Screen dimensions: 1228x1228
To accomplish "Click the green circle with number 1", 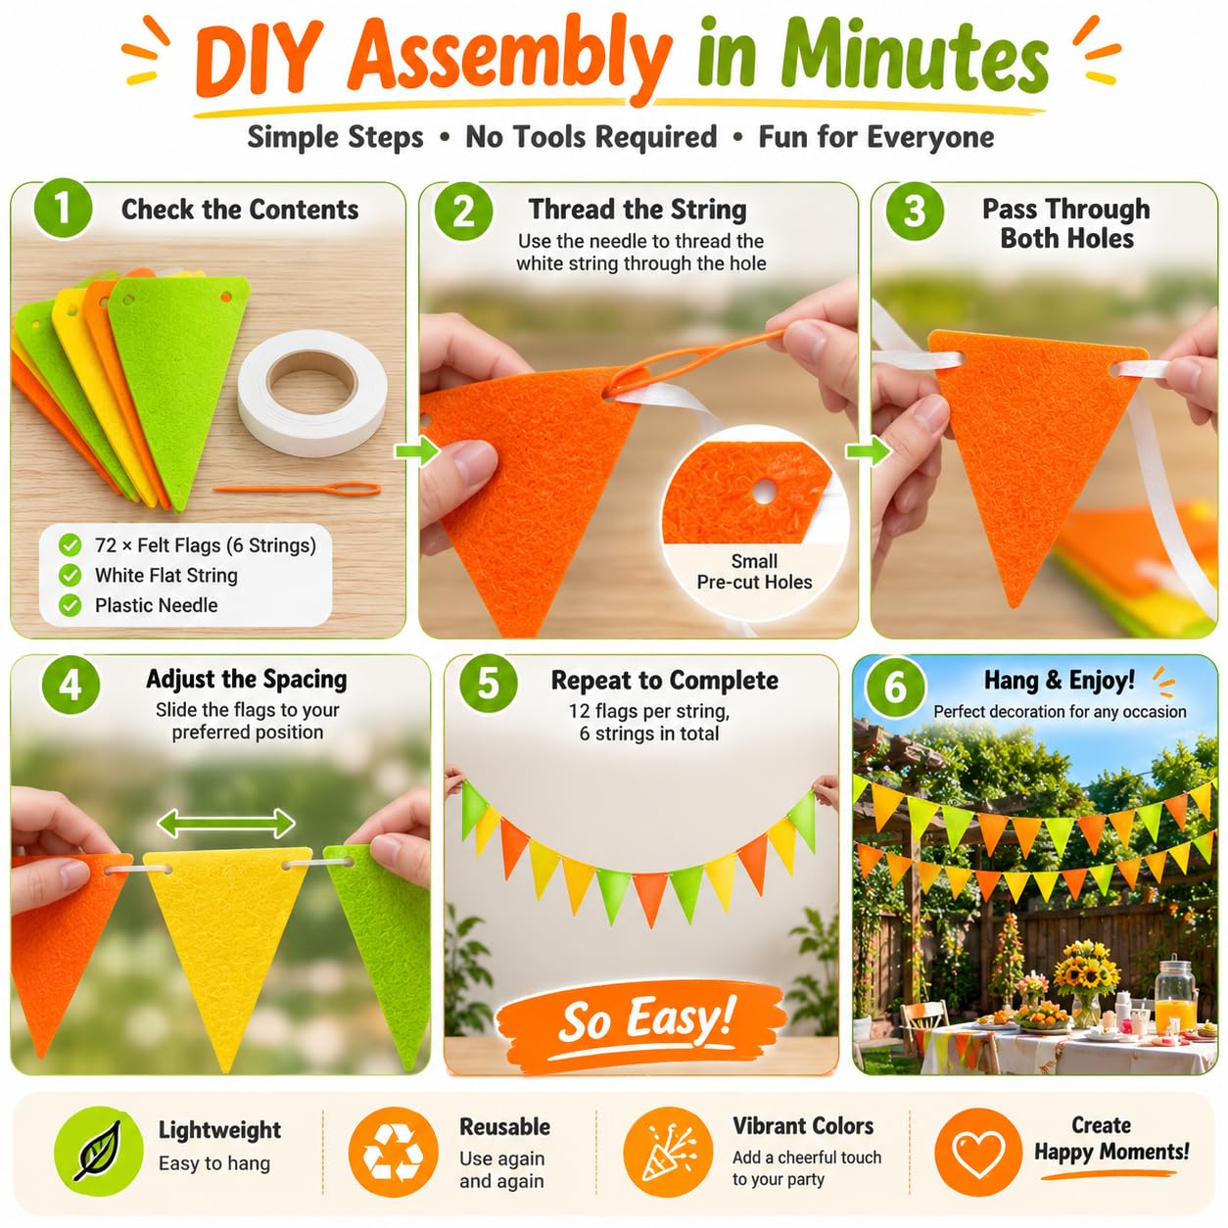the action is coord(63,209).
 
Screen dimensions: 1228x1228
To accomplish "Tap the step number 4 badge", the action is coord(71,686).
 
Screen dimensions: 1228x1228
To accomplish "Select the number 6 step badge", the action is coord(894,687).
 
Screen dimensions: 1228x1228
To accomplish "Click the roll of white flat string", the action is coord(312,392).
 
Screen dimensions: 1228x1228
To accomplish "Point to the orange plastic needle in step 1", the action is coord(297,490).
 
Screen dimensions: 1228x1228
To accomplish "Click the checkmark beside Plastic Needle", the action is coord(70,605).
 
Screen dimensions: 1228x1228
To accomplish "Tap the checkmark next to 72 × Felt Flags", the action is coord(70,544).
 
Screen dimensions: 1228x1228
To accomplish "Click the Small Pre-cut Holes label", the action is coord(754,572).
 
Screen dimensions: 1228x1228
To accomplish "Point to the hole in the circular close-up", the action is coord(763,492).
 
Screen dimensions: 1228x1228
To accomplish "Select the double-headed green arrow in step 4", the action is coord(226,824).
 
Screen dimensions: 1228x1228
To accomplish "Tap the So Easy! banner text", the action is coord(646,1019).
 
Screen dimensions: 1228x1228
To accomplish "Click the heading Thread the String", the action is coord(638,209).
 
